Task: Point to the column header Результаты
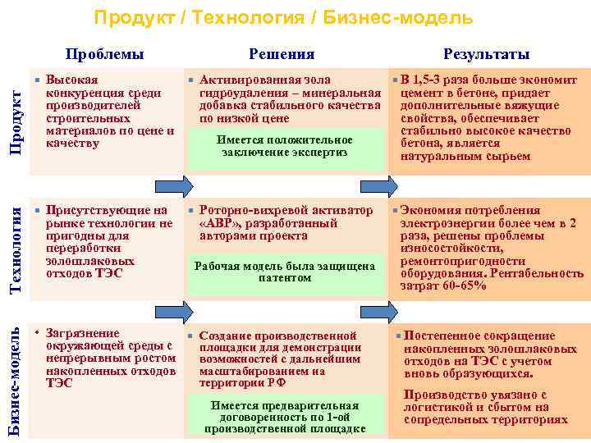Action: coord(486,55)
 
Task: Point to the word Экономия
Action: coord(436,211)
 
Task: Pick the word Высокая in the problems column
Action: coord(72,80)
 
